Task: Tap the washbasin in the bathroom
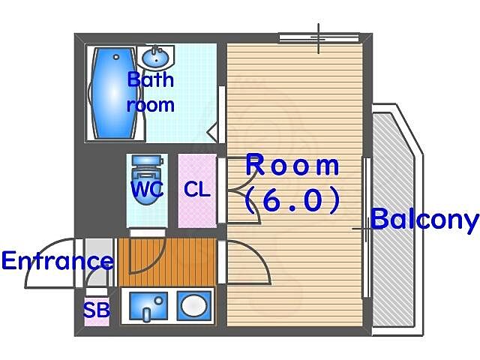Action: click(158, 56)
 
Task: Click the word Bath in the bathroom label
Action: click(150, 79)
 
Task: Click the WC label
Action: click(147, 190)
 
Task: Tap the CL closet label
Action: click(197, 190)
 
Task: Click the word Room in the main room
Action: click(292, 164)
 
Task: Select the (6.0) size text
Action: click(292, 199)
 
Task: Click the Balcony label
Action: click(424, 220)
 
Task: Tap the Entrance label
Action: click(57, 261)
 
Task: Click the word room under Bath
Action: click(150, 105)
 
